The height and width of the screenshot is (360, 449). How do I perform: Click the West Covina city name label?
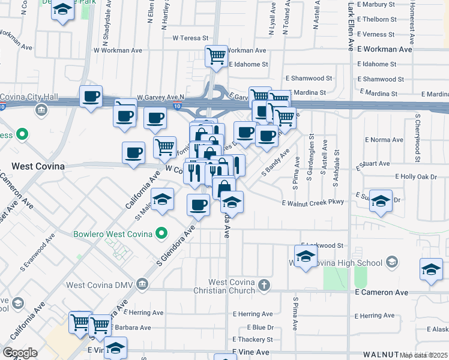coord(38,166)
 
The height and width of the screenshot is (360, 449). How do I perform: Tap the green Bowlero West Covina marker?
coord(161,233)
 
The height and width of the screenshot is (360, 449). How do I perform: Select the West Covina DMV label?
coord(100,284)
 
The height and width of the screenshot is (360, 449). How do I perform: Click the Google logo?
coord(20,353)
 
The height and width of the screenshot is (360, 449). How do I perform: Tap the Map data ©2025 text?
coord(424,355)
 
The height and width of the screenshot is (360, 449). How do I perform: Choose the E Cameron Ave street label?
coord(381,292)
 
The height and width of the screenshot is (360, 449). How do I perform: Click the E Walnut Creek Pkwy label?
coord(313,202)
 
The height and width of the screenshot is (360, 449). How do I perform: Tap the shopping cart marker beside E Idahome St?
coord(216,57)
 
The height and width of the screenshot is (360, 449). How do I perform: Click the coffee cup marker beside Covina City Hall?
coord(91,97)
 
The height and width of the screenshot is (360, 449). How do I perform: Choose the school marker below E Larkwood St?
coord(306,257)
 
